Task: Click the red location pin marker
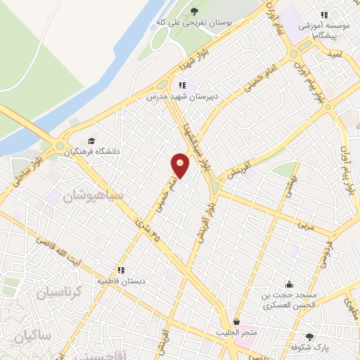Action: click(x=180, y=165)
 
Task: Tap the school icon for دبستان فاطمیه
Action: click(x=121, y=269)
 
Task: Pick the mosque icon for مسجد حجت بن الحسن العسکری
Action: click(x=289, y=285)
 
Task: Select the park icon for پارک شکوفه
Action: click(x=309, y=337)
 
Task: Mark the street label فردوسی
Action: click(x=325, y=255)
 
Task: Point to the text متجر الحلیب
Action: click(x=238, y=331)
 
